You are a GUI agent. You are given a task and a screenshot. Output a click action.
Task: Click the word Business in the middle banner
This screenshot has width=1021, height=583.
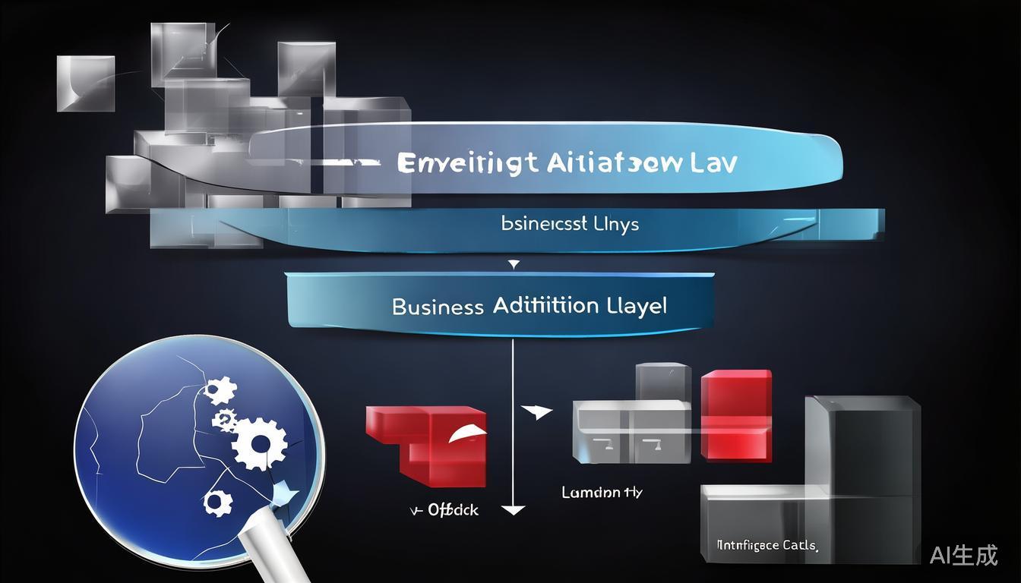(x=438, y=307)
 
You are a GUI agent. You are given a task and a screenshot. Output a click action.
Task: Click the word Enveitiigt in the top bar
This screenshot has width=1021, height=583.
(x=468, y=163)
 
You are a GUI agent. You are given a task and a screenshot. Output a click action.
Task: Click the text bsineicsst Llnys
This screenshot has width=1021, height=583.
(x=570, y=224)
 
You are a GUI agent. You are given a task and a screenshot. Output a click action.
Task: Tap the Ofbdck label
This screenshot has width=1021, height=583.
(x=453, y=510)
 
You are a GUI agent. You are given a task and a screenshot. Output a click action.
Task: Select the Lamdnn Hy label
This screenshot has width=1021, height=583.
(x=602, y=492)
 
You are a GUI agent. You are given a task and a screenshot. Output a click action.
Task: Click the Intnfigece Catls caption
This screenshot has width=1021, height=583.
(x=767, y=545)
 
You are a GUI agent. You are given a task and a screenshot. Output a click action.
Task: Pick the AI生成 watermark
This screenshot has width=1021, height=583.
(x=963, y=555)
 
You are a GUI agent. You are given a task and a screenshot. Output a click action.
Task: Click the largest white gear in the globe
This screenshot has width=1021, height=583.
(x=259, y=443)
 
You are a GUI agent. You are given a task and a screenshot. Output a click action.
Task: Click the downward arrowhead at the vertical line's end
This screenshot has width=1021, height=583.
(x=514, y=510)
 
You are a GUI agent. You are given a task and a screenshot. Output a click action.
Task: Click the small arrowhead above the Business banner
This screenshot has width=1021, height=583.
(x=514, y=265)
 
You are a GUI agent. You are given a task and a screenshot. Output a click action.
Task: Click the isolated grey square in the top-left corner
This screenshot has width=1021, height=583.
(x=86, y=84)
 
